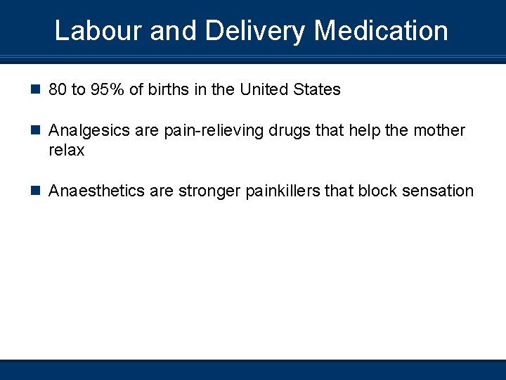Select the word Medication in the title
(381, 31)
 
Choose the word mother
(439, 131)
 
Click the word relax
(67, 151)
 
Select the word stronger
(209, 191)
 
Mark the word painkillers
(283, 191)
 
